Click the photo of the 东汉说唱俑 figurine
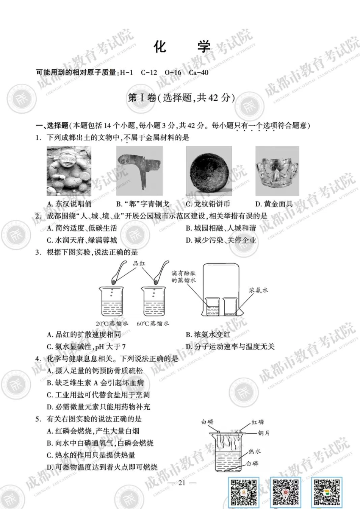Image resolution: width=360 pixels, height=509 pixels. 69,171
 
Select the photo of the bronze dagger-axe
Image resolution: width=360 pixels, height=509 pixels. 139,171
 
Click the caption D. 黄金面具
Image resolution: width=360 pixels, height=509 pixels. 274,204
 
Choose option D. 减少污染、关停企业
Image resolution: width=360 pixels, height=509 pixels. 221,240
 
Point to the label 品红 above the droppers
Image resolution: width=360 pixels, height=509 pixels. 139,263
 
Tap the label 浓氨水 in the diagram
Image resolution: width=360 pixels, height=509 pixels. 258,290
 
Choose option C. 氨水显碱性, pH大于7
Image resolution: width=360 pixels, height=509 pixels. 86,347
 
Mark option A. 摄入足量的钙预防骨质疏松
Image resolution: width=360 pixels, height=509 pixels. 95,371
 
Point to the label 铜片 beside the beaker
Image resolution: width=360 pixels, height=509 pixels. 263,433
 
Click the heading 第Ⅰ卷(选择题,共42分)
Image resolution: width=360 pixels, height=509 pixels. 181,98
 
